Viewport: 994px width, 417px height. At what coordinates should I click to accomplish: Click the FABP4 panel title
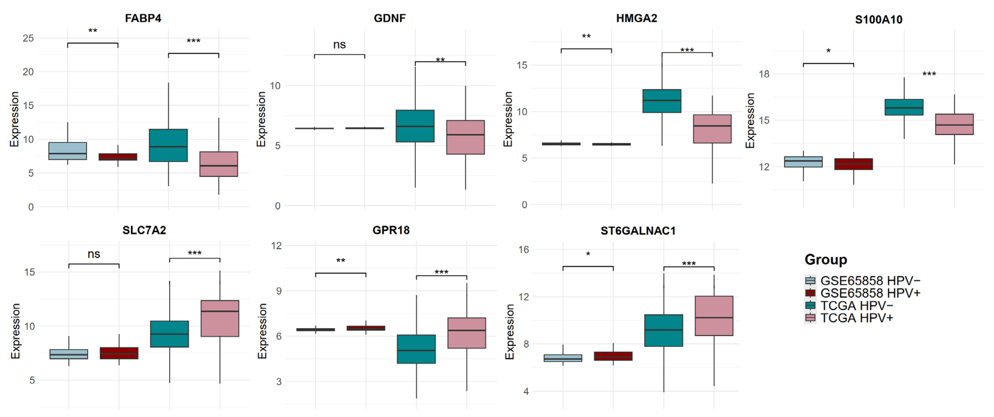tap(143, 18)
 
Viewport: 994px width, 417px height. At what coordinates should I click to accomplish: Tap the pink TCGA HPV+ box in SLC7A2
tap(220, 318)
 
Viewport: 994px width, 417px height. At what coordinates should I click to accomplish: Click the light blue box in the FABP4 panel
tap(68, 151)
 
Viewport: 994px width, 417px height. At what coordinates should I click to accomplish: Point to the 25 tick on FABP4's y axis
tap(28, 38)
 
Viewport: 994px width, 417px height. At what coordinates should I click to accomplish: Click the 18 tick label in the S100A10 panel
tap(764, 74)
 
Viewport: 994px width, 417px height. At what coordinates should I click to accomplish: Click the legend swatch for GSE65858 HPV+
tap(810, 293)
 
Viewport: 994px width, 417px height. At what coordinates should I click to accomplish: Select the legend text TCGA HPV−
tap(857, 306)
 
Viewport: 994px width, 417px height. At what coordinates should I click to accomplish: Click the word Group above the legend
tap(826, 260)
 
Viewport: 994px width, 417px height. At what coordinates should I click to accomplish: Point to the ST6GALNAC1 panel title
tap(638, 231)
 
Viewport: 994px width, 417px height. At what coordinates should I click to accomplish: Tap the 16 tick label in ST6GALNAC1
tap(524, 250)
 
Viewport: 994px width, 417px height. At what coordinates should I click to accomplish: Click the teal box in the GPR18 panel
tap(416, 349)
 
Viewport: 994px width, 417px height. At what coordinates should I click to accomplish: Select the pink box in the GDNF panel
tap(465, 137)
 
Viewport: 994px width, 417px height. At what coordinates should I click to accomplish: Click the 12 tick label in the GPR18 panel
tap(277, 245)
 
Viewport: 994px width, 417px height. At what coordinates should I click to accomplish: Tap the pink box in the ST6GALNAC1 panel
tap(714, 316)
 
